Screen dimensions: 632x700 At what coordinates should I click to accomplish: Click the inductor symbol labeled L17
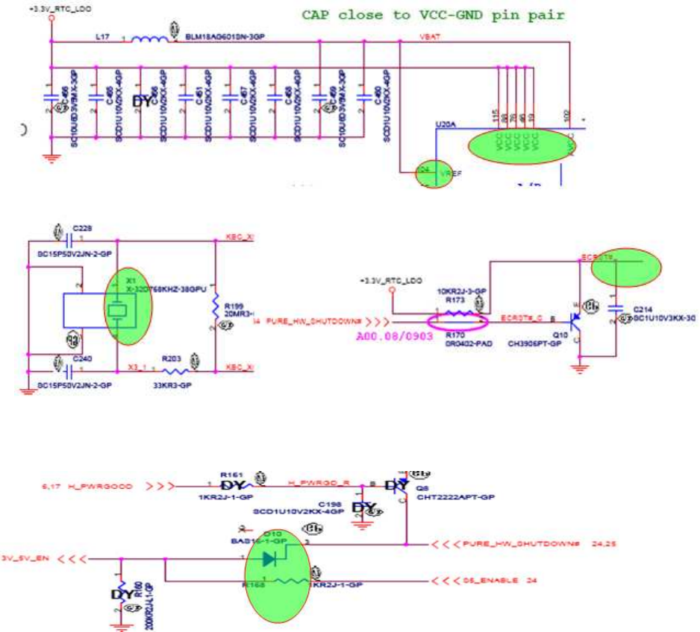[x=151, y=39]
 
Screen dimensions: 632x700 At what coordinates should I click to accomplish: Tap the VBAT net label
[x=430, y=35]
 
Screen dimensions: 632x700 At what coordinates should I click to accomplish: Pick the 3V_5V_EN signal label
[x=26, y=557]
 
